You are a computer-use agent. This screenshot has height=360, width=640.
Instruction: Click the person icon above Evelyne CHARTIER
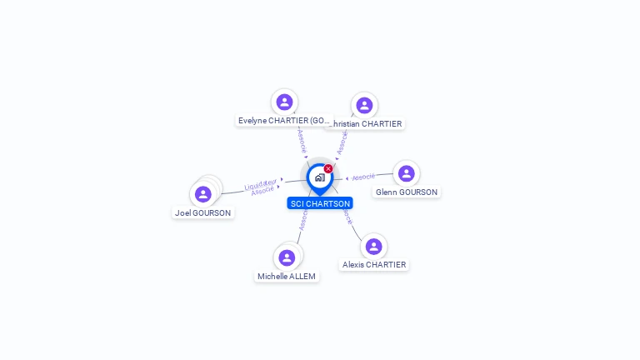tap(284, 102)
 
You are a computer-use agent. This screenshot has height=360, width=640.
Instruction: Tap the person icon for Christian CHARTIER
tap(364, 105)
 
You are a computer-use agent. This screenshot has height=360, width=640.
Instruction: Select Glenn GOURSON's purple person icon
tap(406, 173)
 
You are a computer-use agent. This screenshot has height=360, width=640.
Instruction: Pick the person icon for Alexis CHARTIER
tap(373, 246)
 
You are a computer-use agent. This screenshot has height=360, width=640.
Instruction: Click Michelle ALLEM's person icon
tap(287, 257)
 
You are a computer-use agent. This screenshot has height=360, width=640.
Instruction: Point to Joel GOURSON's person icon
tap(202, 194)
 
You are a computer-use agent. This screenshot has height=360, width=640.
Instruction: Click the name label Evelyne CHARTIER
tap(284, 121)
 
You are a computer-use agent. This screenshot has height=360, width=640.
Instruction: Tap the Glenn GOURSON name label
tap(406, 192)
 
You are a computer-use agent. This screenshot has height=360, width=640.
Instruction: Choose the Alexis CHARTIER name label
tap(374, 265)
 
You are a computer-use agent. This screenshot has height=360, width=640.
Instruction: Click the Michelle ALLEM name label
tap(287, 277)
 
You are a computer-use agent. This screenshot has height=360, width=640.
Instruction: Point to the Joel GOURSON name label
tap(203, 212)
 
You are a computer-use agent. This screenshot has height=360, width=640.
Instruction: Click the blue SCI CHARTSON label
tap(320, 203)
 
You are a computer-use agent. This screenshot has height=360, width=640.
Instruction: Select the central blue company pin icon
tap(319, 177)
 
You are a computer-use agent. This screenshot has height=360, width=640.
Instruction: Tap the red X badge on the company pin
tap(328, 169)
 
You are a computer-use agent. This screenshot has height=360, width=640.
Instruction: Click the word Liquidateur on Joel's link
tap(261, 182)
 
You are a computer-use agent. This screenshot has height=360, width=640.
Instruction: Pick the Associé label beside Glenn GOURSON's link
tap(363, 177)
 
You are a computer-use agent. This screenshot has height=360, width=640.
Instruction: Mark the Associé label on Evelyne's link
tap(302, 140)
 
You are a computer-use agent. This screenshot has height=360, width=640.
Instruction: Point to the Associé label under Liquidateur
tap(262, 191)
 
